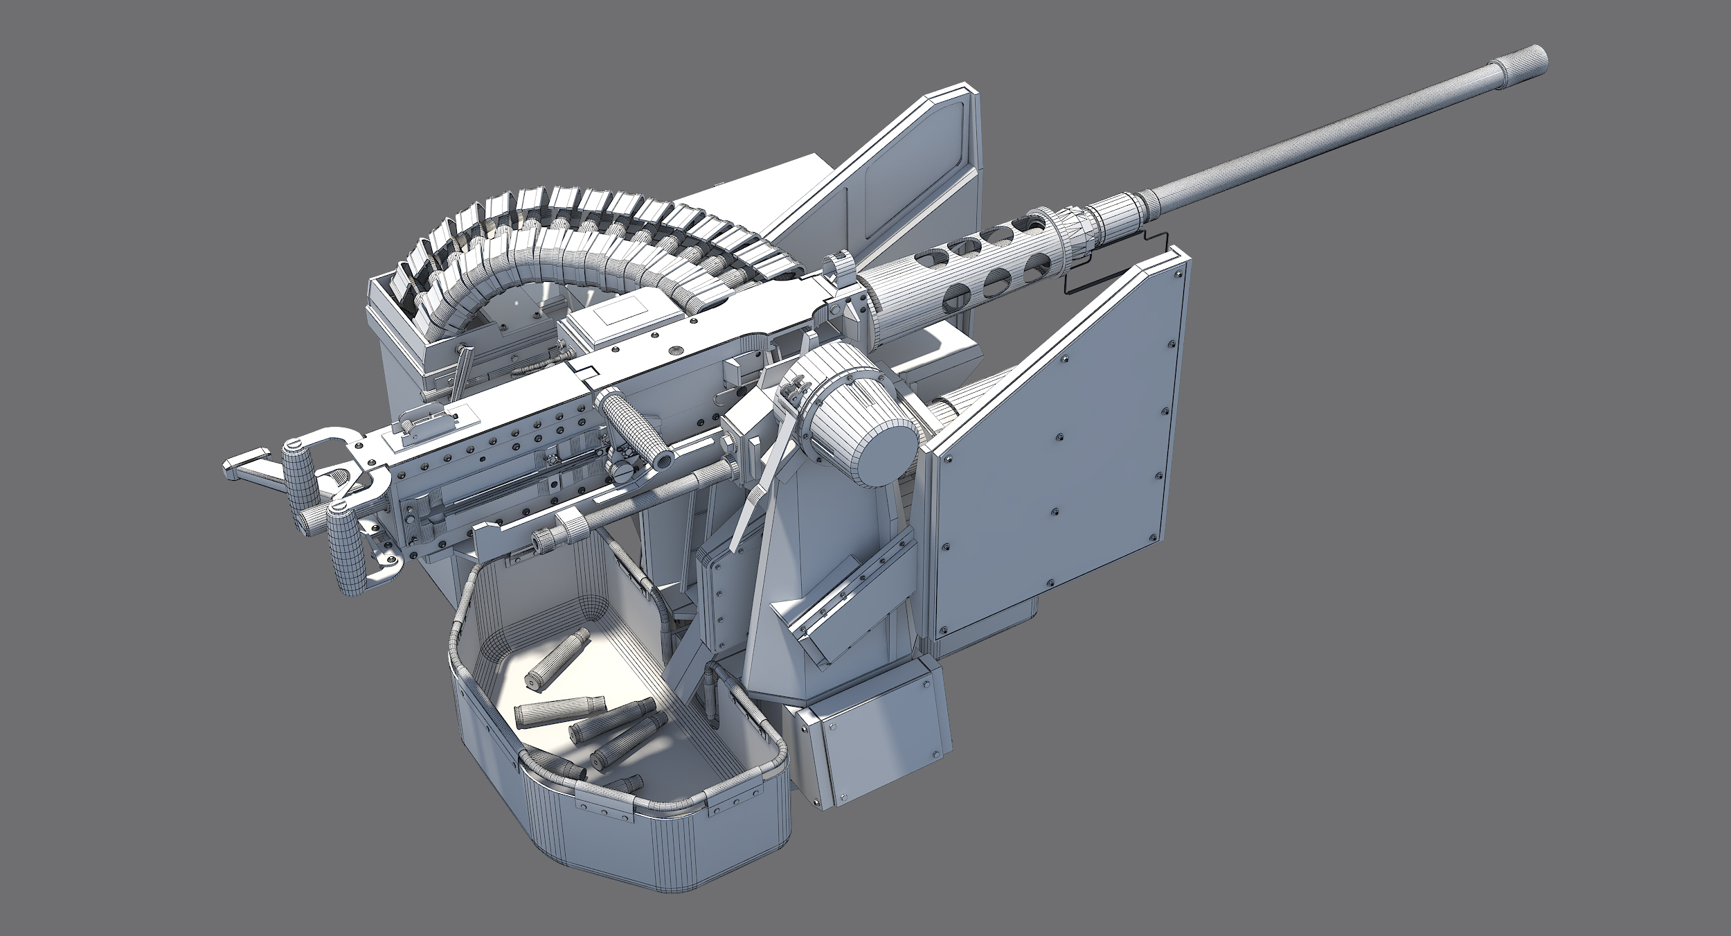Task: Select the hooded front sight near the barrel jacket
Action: coord(839,267)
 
